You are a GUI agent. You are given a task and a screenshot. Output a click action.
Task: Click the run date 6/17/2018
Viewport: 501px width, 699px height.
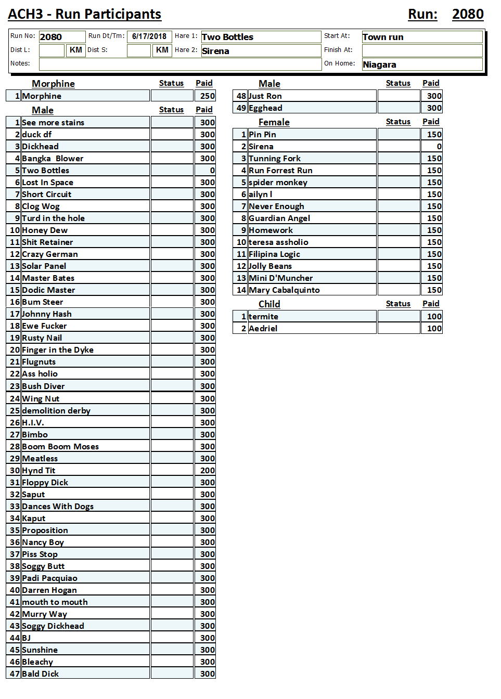click(x=149, y=36)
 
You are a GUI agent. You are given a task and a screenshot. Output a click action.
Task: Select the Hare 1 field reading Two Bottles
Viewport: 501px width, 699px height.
click(x=260, y=37)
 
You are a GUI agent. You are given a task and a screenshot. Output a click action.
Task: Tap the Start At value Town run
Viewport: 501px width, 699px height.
click(x=422, y=37)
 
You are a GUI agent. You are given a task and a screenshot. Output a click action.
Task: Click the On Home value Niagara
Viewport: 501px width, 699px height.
click(x=422, y=64)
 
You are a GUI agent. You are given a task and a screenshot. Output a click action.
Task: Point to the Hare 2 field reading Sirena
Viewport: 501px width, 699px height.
click(x=260, y=51)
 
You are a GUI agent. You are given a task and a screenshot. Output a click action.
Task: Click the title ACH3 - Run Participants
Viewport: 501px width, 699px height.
click(x=85, y=14)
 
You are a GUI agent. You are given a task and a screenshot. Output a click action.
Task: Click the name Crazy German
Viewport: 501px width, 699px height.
click(x=50, y=254)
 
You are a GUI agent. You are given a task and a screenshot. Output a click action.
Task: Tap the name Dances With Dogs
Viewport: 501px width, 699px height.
click(x=58, y=507)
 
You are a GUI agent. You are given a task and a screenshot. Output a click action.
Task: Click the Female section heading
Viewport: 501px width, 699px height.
click(x=274, y=122)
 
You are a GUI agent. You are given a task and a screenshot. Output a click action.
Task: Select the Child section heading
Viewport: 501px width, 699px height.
click(x=269, y=304)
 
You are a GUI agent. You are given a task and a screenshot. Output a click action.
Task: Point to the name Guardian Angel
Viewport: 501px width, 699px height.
click(x=279, y=218)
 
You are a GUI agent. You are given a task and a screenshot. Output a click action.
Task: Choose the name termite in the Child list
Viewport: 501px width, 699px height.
click(x=264, y=317)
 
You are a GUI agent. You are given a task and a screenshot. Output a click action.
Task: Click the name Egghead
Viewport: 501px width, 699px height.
click(x=265, y=108)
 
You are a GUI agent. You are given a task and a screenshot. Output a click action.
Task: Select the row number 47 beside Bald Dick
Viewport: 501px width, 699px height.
click(x=15, y=674)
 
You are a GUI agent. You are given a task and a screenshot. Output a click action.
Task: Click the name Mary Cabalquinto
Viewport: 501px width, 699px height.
click(x=284, y=290)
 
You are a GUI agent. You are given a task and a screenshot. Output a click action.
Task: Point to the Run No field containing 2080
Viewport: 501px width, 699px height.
click(x=61, y=37)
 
